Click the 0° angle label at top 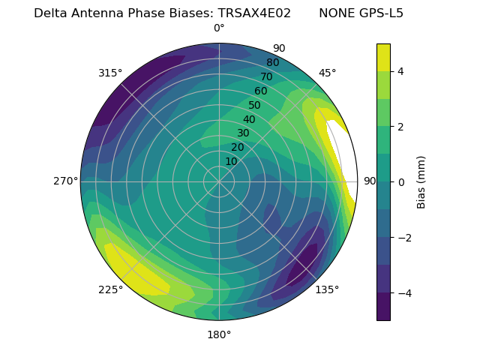click(x=219, y=28)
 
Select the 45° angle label click(x=328, y=73)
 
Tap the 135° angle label click(x=327, y=289)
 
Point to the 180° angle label click(x=219, y=334)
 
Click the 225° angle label click(x=110, y=290)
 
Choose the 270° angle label click(x=66, y=181)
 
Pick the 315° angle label click(x=110, y=73)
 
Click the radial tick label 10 click(x=231, y=161)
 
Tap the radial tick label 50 click(x=255, y=105)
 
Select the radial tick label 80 click(x=273, y=62)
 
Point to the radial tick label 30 click(x=243, y=133)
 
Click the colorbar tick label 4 click(x=401, y=71)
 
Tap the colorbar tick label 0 click(x=401, y=181)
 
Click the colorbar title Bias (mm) click(x=421, y=181)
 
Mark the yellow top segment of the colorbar click(x=383, y=57)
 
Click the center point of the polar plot click(x=219, y=181)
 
